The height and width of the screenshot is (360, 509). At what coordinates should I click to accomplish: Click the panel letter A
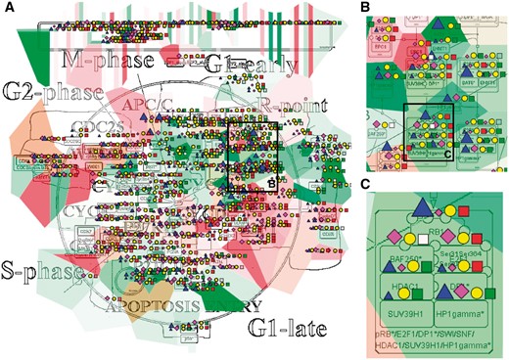click(8, 10)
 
